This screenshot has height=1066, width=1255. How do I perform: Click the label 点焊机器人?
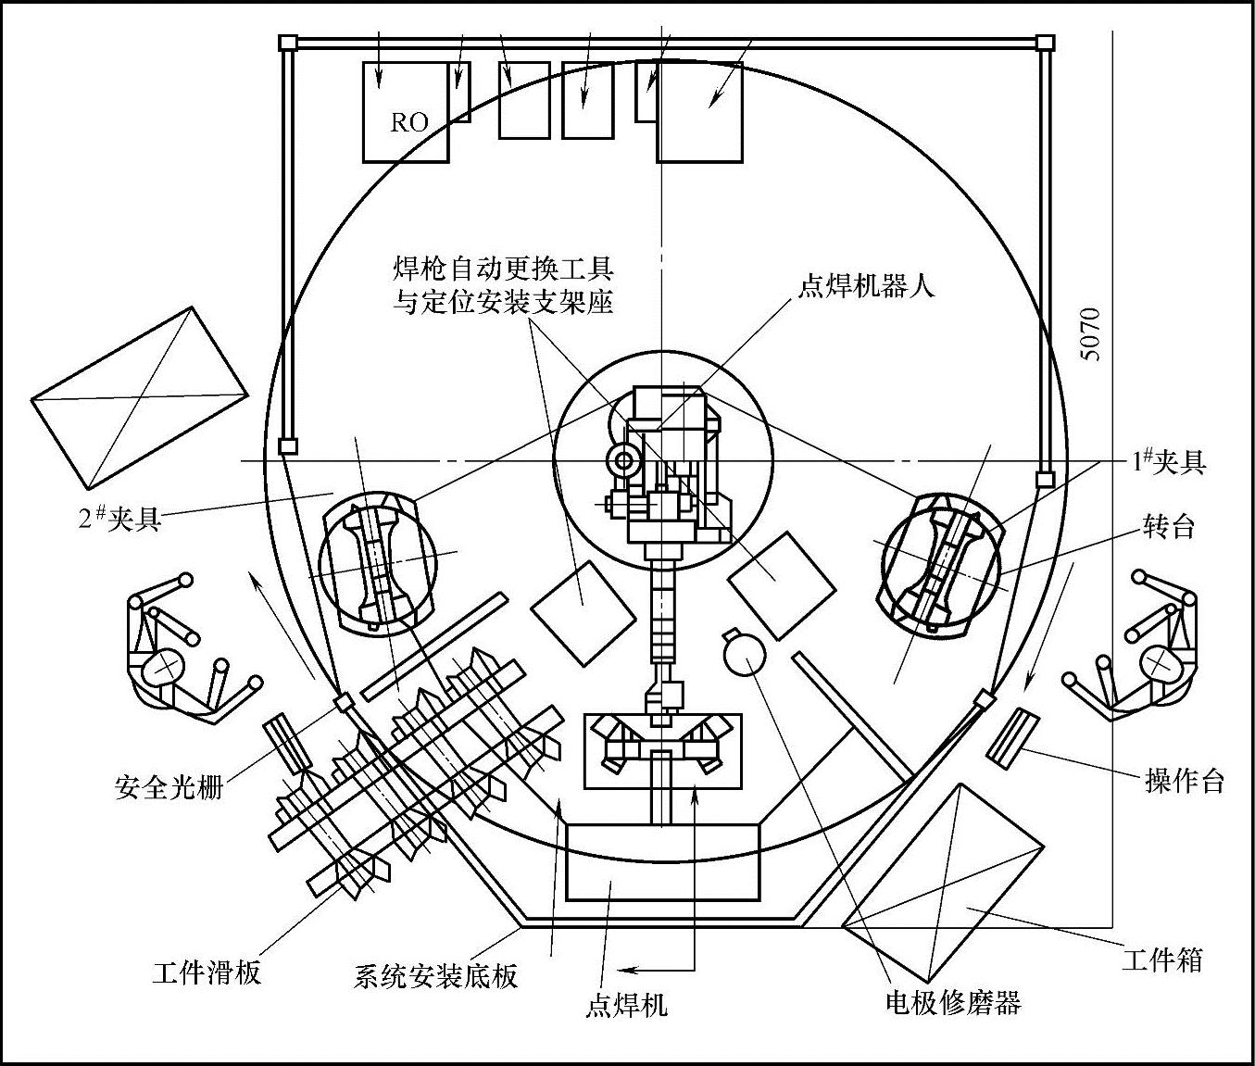point(866,284)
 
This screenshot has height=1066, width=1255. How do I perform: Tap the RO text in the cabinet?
point(408,123)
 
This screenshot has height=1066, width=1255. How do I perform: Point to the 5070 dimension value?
point(1091,334)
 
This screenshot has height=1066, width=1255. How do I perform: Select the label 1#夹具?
point(1168,462)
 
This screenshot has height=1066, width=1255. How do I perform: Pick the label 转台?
point(1168,527)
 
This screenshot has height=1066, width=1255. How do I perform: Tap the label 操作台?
point(1185,782)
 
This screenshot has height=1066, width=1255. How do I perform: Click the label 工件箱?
point(1161,959)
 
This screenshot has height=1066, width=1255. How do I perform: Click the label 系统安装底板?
point(435,975)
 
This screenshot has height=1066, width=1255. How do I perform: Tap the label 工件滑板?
point(207,972)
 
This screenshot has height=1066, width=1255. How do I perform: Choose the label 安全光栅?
point(169,787)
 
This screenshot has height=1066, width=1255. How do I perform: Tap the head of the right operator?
point(1157,661)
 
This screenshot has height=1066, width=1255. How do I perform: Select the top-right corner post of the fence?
point(1045,42)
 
